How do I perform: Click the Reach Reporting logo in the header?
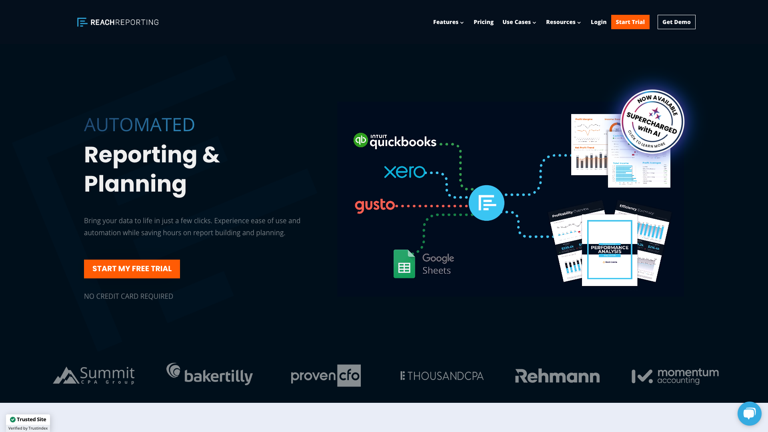(118, 22)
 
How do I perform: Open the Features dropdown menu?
(448, 22)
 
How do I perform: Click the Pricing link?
(483, 22)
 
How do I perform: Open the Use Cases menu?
(519, 22)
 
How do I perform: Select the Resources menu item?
(563, 22)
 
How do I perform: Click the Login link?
(598, 22)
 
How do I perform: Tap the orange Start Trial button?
(630, 22)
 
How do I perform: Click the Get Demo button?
(676, 22)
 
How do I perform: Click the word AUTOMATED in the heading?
(139, 125)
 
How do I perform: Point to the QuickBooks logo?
(395, 141)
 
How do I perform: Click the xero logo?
(405, 172)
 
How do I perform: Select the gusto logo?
(375, 205)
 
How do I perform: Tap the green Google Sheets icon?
(404, 264)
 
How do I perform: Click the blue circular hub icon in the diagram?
(486, 203)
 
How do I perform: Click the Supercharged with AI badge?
(652, 121)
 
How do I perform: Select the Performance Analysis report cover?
(609, 250)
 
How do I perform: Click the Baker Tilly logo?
(210, 374)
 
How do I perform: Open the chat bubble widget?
(749, 413)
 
